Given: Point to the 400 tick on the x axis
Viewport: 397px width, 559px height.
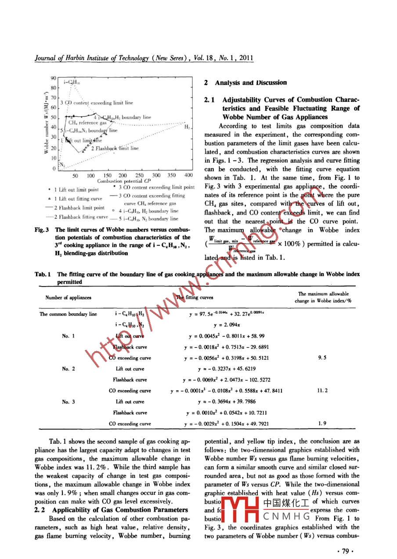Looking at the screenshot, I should coord(188,175).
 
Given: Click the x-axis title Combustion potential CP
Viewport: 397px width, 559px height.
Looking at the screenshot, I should coord(124,181).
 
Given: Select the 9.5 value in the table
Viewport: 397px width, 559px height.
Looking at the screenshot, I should coord(322,358).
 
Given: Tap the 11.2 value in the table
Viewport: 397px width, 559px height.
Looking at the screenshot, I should coord(322,390).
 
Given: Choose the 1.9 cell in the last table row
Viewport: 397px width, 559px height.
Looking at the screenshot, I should coord(322,424).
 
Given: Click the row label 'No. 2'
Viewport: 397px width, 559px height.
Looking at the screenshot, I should coord(68,369).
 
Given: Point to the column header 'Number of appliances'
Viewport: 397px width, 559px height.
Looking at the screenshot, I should coord(68,298).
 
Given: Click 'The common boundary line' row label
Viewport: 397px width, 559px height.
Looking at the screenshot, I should coord(68,314).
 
